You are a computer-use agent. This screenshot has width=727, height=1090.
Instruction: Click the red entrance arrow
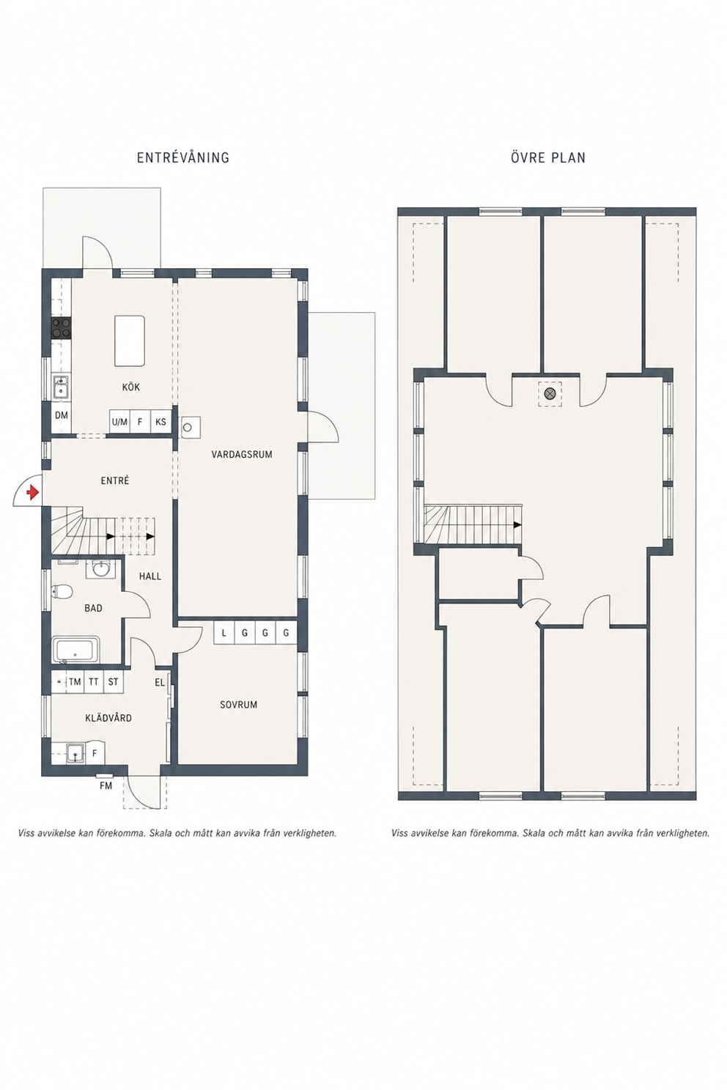click(x=33, y=492)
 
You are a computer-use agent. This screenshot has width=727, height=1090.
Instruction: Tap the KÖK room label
click(x=131, y=388)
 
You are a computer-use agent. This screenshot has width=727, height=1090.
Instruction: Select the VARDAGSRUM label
click(x=242, y=454)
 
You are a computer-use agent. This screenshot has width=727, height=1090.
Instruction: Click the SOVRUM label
click(x=238, y=705)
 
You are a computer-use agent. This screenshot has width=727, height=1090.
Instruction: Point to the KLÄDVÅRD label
click(x=108, y=718)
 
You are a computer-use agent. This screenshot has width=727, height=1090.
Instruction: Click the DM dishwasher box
click(x=62, y=415)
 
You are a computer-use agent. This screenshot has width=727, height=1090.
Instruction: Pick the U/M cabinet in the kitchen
click(x=119, y=422)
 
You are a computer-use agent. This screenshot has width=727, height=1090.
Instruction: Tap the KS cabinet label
click(x=160, y=422)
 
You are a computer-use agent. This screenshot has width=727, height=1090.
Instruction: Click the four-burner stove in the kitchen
click(x=62, y=328)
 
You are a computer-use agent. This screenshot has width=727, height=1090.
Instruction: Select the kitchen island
click(x=130, y=341)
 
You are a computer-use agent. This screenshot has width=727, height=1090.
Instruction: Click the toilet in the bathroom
click(x=63, y=591)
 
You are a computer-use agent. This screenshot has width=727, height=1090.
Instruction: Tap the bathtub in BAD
click(x=76, y=650)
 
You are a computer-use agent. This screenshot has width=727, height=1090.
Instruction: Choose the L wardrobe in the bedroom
click(x=224, y=633)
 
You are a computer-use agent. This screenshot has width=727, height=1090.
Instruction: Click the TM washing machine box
click(x=75, y=682)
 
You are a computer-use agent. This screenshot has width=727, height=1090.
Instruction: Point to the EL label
click(x=160, y=683)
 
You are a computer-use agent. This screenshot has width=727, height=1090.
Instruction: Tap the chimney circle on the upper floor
click(x=550, y=393)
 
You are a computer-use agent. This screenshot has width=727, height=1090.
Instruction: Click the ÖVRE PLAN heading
click(x=547, y=157)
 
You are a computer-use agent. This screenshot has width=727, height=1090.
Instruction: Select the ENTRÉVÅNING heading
click(x=183, y=157)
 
